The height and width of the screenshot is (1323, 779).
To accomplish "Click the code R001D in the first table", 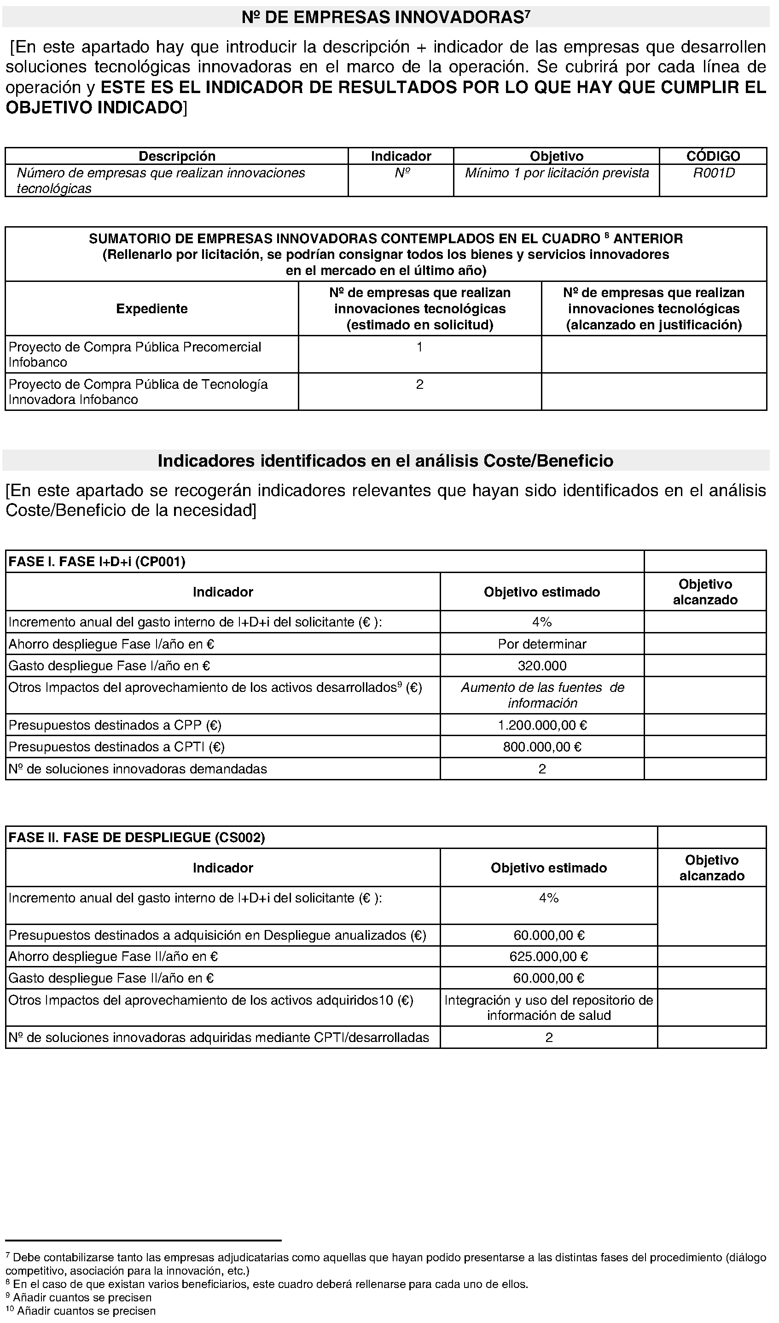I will (713, 173).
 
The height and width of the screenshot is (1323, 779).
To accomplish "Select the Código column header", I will (713, 156).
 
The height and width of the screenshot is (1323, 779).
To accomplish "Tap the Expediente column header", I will (152, 309).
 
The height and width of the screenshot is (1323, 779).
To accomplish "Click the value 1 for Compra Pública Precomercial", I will (419, 347).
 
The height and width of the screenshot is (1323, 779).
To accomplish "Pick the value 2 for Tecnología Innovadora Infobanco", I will (419, 385).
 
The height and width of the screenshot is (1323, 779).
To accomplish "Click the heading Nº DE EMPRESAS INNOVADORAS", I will (386, 18).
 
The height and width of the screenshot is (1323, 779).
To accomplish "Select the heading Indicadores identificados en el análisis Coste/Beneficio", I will (386, 461).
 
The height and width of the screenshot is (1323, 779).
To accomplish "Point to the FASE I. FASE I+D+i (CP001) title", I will (97, 562).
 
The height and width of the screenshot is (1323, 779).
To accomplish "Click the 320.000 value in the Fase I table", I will (542, 666).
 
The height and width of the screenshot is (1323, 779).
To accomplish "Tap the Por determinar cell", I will (542, 644).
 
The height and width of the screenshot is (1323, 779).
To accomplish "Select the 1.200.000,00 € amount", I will (542, 726).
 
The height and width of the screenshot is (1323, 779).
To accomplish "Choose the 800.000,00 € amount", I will (542, 747).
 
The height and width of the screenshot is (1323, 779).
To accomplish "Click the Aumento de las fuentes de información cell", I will (542, 695).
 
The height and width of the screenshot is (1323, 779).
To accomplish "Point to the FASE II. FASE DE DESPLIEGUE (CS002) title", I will (136, 838).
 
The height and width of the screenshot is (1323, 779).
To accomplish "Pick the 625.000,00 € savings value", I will (548, 956).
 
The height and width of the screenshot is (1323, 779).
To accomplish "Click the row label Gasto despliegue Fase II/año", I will (111, 978).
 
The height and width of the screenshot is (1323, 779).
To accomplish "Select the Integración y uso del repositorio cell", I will (548, 1007).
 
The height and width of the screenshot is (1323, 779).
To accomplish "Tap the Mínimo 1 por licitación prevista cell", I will (557, 173).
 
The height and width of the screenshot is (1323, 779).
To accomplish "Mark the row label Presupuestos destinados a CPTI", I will (116, 747).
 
